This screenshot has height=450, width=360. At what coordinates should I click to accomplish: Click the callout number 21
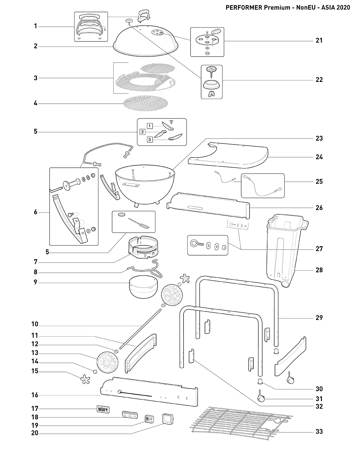point(319,41)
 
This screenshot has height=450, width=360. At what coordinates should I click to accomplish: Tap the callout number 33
point(319,432)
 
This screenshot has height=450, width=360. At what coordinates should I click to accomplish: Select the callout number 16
point(35,395)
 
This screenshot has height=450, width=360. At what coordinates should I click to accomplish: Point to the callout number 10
point(35,324)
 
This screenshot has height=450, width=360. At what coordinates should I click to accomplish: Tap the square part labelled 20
point(168,419)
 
